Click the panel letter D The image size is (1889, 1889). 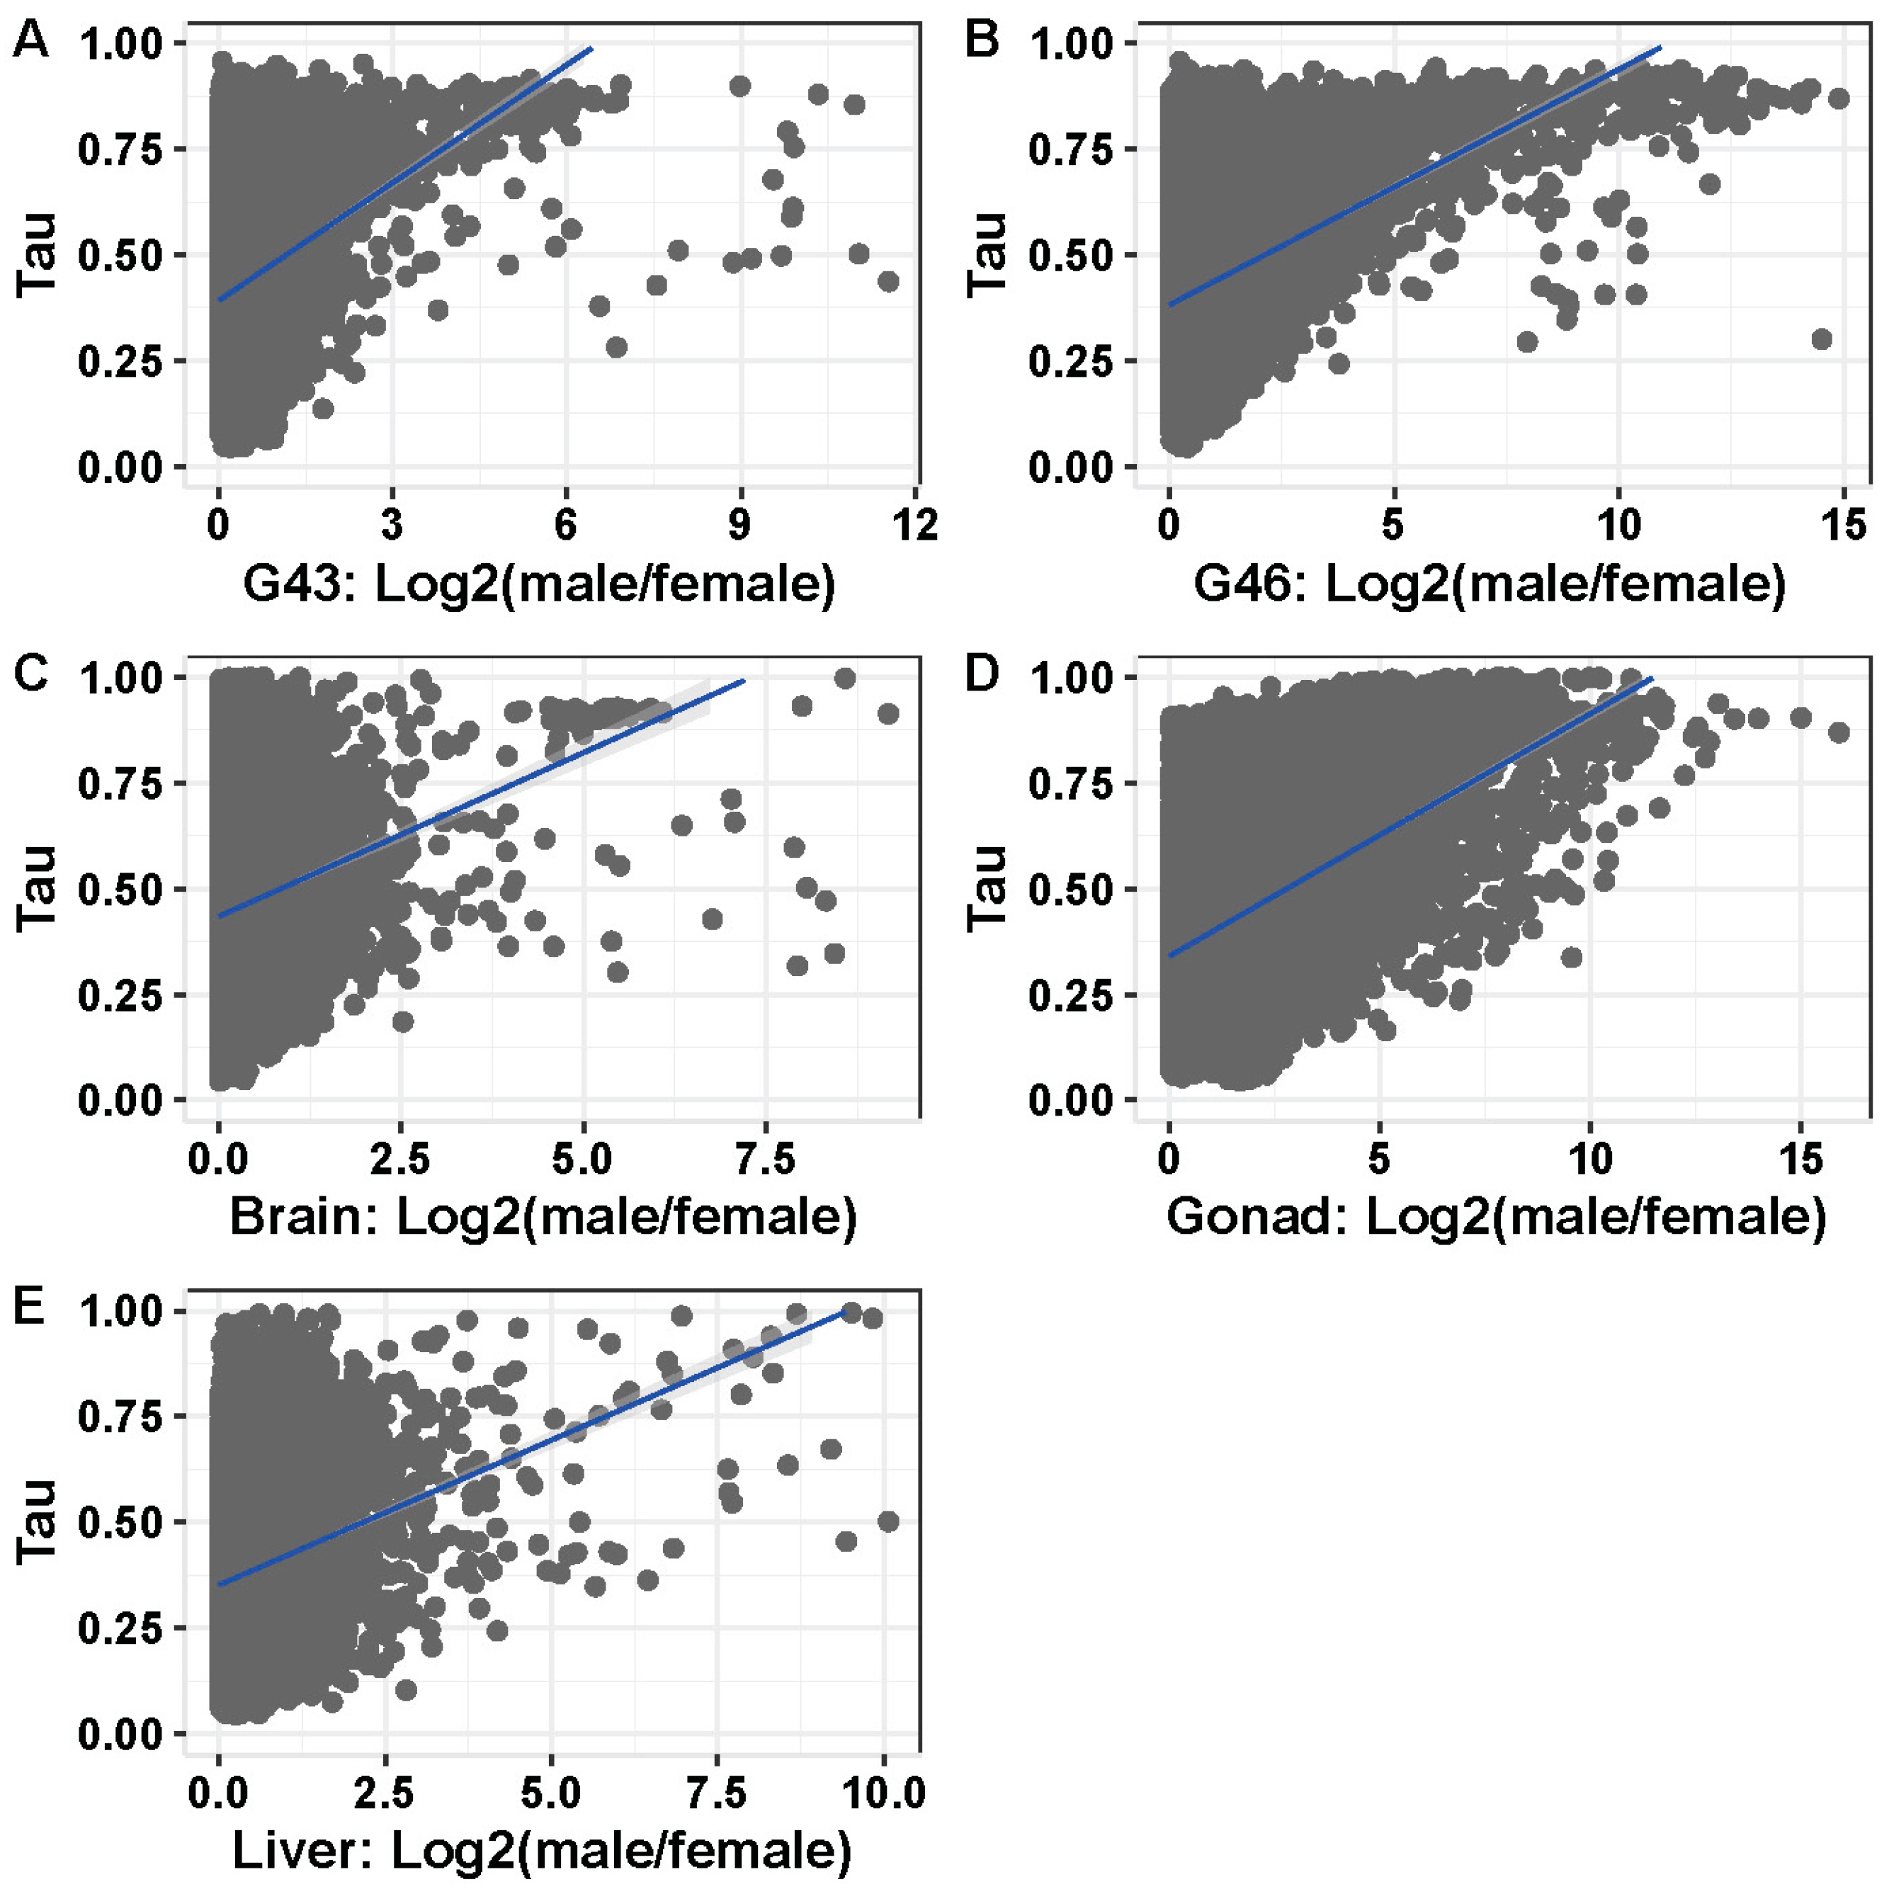point(982,676)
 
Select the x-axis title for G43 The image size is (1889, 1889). point(539,584)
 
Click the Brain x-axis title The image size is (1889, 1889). point(543,1218)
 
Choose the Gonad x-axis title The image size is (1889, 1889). point(1496,1218)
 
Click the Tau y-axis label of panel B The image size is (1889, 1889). point(987,254)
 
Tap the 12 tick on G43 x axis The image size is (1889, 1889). point(915,525)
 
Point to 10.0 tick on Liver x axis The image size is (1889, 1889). point(883,1792)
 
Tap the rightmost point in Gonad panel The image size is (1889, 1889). point(1838,732)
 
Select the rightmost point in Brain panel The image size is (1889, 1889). point(887,714)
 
